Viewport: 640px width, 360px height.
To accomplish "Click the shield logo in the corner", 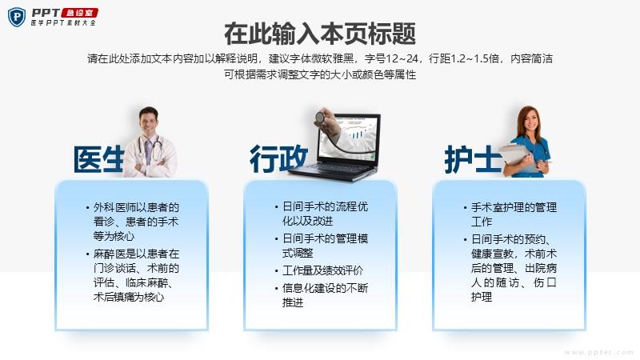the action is point(17,17).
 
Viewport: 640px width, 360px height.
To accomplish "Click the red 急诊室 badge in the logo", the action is point(79,13).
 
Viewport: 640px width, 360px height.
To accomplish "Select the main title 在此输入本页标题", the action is point(320,34).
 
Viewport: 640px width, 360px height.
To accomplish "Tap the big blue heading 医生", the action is point(98,158).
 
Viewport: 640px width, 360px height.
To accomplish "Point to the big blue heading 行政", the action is point(278,158).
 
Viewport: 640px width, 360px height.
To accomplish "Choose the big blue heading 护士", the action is point(473,159).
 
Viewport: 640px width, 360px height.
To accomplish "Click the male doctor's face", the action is point(149,122).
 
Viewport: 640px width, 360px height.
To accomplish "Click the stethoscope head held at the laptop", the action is point(319,117).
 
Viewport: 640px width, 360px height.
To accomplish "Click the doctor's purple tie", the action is point(148,151).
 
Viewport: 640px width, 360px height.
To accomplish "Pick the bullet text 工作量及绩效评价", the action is point(322,270).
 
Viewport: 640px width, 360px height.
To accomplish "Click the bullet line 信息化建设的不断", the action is point(325,288).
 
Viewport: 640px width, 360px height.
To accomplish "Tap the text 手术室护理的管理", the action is point(514,207).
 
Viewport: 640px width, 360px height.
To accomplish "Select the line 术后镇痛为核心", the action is point(129,297).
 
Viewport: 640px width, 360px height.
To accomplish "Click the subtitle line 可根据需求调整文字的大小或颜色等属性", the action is point(320,74).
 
